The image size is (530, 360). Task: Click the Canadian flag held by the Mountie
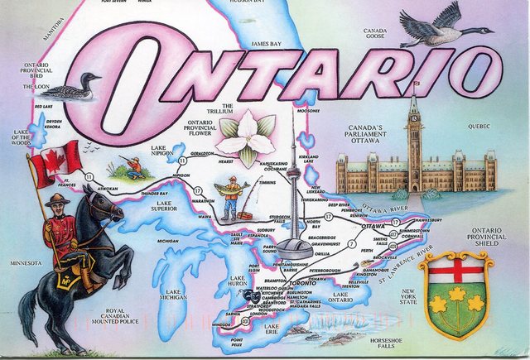coord(55,160)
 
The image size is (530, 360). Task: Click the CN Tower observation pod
coord(293,243)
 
